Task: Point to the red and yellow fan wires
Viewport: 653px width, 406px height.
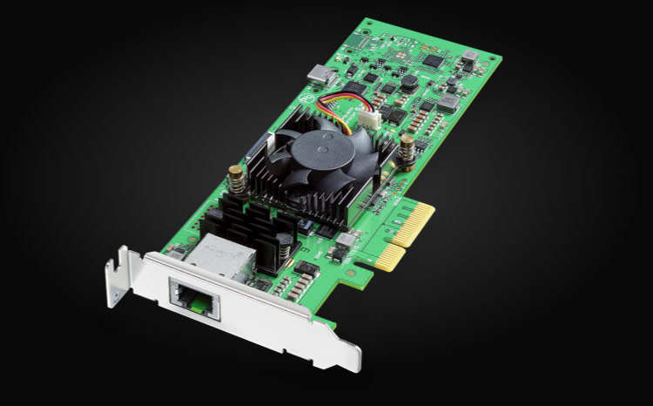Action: point(340,105)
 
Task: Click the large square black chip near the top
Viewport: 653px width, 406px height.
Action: point(433,60)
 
